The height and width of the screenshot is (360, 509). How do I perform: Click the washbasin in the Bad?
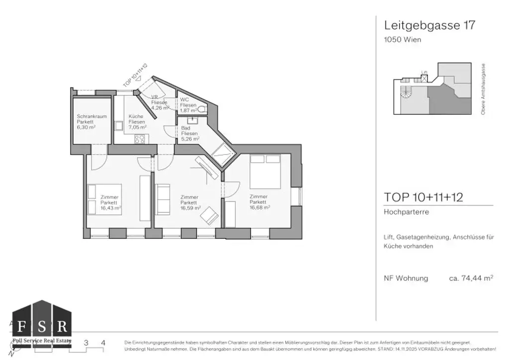[x=191, y=119]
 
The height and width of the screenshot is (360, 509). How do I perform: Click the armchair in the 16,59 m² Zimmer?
[x=209, y=215]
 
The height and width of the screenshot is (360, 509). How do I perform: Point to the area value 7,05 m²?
[x=137, y=127]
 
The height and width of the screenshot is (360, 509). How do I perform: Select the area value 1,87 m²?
[x=188, y=111]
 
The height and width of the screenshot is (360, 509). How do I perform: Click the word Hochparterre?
[x=407, y=212]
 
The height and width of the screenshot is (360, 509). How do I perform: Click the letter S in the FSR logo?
[x=41, y=327]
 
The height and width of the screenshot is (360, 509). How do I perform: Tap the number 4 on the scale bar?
[x=103, y=343]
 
